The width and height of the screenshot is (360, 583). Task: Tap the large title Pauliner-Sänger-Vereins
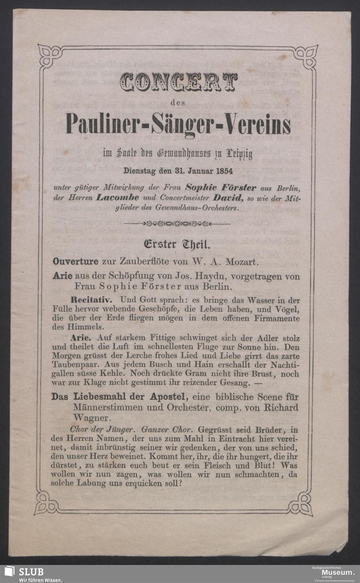(x=179, y=124)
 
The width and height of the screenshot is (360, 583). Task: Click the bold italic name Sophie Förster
(x=221, y=188)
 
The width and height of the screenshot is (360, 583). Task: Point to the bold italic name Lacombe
(x=118, y=198)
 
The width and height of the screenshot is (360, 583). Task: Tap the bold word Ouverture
(x=75, y=261)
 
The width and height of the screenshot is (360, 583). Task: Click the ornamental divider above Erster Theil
(x=176, y=224)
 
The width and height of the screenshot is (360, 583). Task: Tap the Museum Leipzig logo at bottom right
(x=333, y=573)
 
